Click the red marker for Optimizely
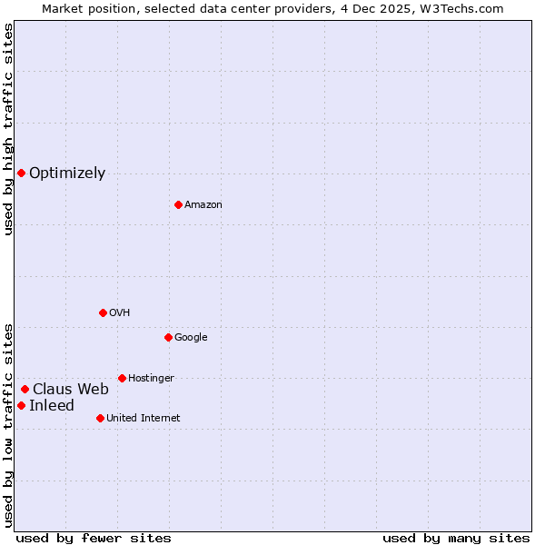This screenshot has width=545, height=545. pos(21,173)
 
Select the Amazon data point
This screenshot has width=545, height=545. pos(178,204)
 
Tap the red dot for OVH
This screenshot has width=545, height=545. pos(103,312)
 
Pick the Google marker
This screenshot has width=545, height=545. pos(168,337)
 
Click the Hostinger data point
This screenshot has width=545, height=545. pos(122,378)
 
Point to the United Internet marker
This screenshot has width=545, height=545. pos(100,418)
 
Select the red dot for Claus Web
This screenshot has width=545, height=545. pos(25,389)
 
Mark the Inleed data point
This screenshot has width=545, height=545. pos(21,405)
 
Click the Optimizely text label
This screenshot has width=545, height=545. pos(67,173)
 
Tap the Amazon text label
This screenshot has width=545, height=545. pos(203,205)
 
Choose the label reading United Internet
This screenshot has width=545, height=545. pos(143,419)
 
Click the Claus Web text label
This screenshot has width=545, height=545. pos(71,389)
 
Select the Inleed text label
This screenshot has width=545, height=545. pos(52,405)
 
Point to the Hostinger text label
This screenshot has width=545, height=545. pos(151,379)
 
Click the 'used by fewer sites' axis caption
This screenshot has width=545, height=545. pos(94,538)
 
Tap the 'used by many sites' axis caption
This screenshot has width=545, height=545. pos(456,538)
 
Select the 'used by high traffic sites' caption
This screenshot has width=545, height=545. pos(8,129)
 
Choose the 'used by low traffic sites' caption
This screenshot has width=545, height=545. pos(8,424)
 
